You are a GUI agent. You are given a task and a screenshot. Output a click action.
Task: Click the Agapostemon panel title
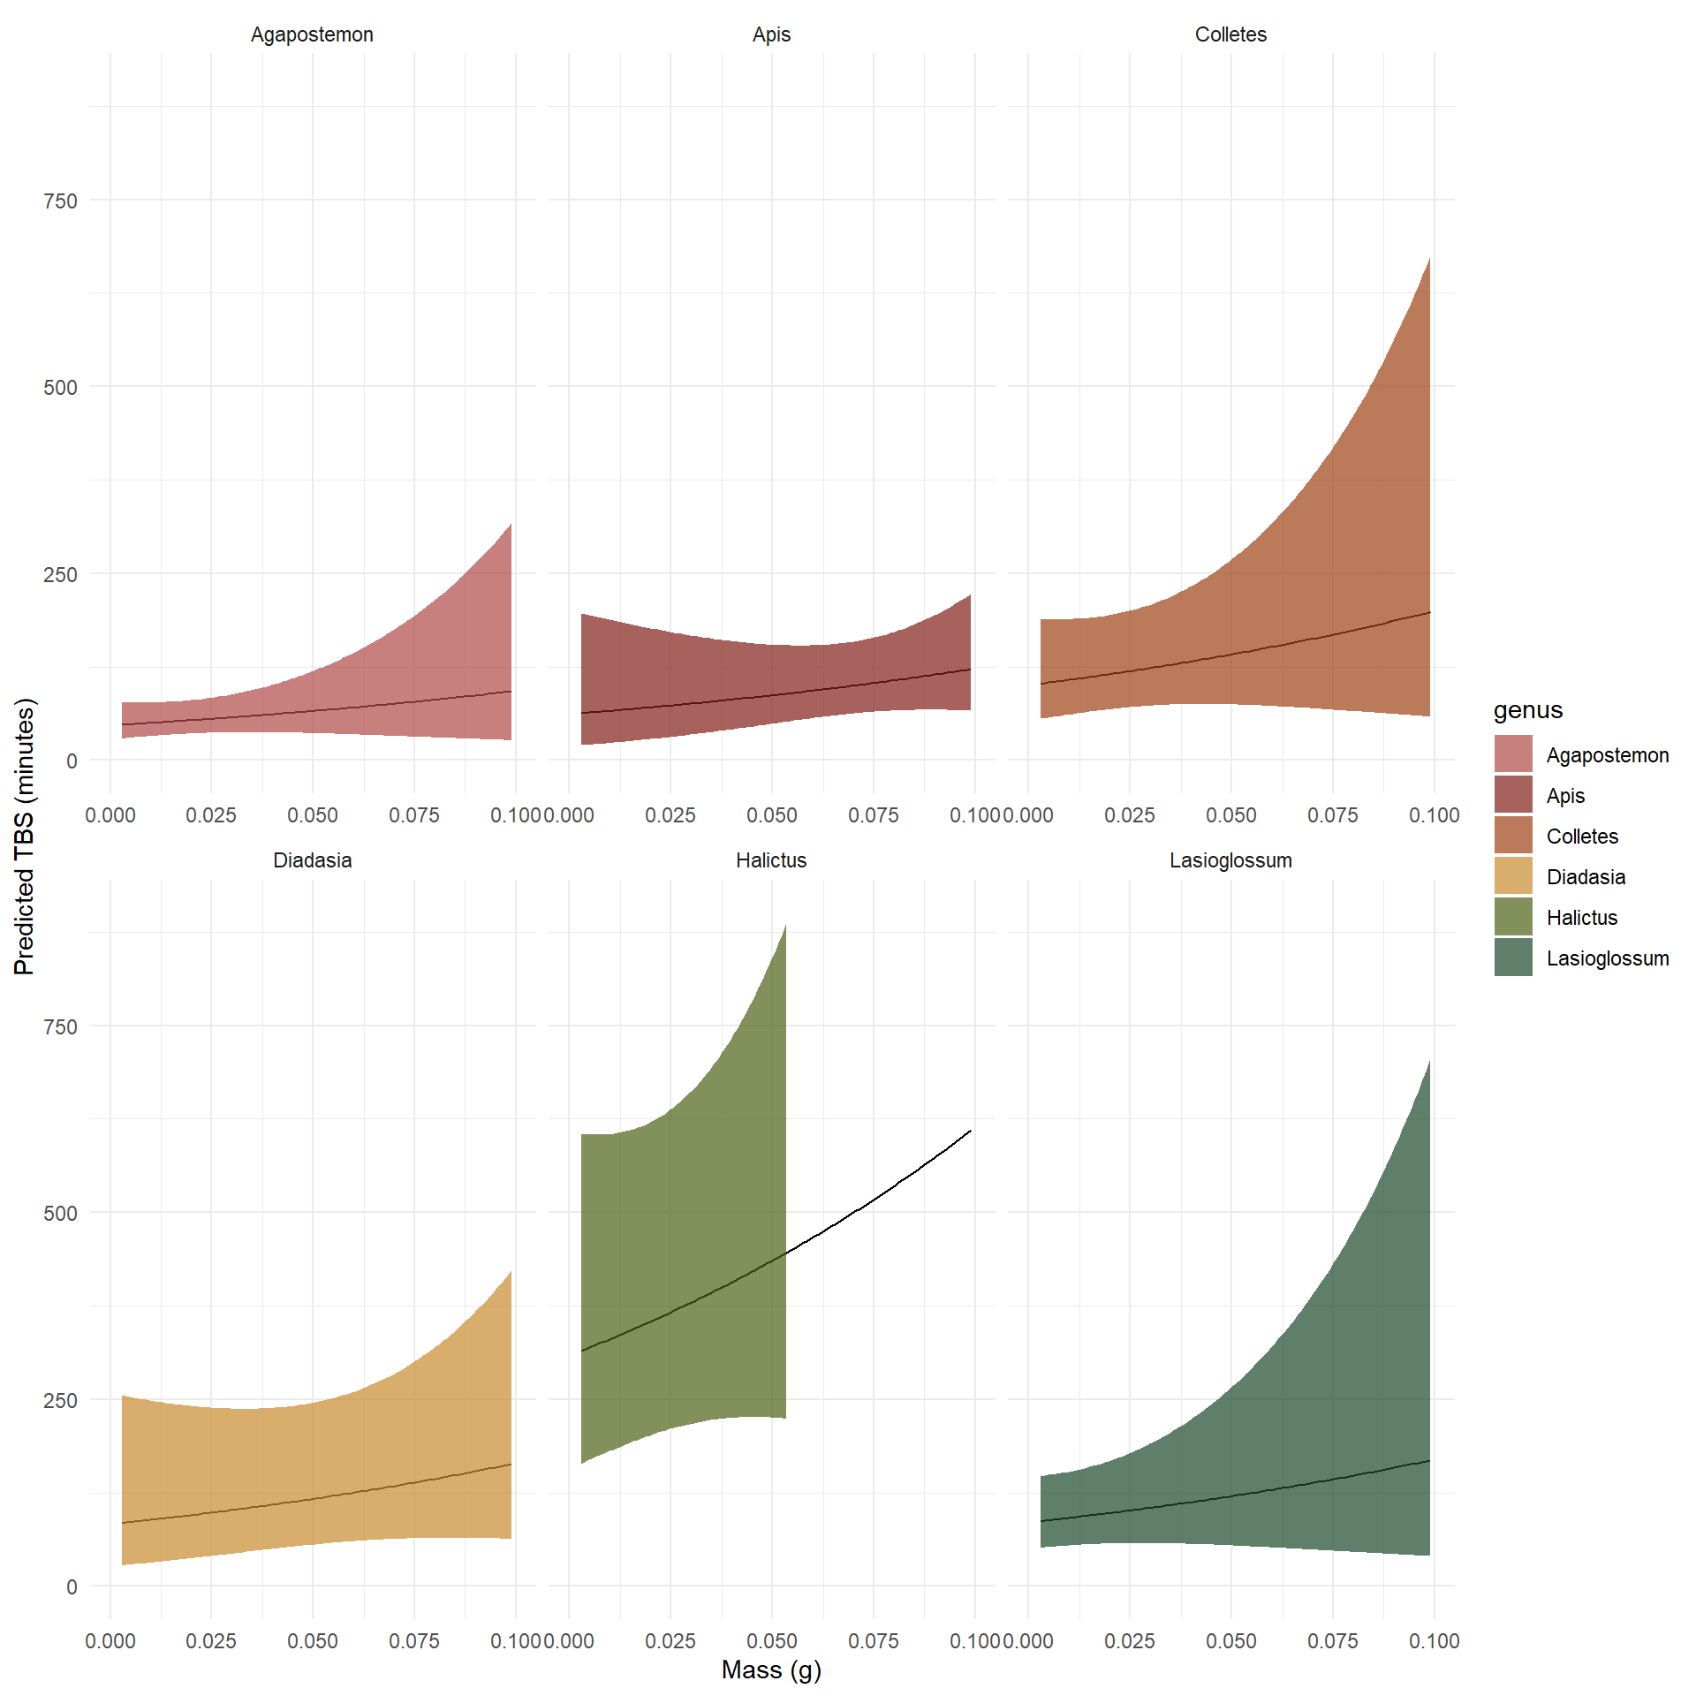(312, 34)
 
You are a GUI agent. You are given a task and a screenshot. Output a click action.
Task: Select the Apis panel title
(771, 34)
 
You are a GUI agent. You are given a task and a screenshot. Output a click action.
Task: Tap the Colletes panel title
(1230, 34)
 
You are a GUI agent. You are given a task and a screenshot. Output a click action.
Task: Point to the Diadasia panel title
(312, 860)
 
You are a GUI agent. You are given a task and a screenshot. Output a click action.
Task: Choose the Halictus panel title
(771, 860)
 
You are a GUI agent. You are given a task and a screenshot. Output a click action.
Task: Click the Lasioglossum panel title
(1230, 860)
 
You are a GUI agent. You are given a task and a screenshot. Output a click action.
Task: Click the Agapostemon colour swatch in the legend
(1513, 754)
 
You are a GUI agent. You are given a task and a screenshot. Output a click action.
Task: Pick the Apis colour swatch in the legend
(1513, 795)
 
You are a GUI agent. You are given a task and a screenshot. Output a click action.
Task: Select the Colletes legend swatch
(1513, 836)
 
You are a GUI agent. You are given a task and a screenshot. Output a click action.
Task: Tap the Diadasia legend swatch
(1513, 876)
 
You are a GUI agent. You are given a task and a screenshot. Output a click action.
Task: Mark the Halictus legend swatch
(1513, 917)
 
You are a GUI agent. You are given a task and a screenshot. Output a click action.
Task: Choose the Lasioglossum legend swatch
(1513, 958)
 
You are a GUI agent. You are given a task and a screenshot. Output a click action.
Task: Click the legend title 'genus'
(1527, 710)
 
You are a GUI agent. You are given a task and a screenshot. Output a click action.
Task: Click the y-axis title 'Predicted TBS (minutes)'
(25, 836)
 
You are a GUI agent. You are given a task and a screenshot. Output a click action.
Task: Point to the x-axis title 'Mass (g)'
(771, 1669)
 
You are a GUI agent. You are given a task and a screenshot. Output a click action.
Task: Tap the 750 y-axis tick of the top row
(60, 201)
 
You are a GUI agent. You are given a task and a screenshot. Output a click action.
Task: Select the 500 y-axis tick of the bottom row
(60, 1213)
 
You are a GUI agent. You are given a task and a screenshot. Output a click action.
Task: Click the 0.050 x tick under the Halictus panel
(771, 1641)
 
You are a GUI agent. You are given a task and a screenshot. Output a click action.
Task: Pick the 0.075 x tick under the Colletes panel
(1332, 815)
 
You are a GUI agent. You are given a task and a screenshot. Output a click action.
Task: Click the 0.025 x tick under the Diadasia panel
(211, 1641)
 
